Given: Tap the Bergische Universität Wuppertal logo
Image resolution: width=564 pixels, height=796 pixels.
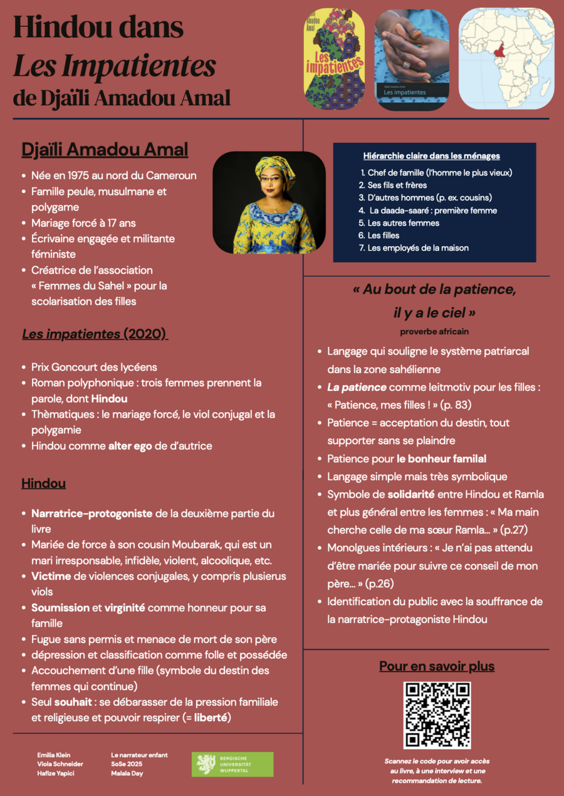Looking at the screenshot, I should (232, 764).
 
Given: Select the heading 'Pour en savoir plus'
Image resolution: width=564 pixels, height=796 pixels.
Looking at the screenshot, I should (437, 666).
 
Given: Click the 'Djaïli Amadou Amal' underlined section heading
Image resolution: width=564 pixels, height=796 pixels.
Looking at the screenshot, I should (105, 150).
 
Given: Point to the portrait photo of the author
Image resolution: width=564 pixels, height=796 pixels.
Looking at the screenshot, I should (269, 202).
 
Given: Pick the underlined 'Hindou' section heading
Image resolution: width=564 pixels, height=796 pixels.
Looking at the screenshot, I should (44, 483).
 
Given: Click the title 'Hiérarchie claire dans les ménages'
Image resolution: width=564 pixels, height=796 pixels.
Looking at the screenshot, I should (431, 156).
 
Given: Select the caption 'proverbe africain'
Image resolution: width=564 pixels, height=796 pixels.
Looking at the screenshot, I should (434, 331).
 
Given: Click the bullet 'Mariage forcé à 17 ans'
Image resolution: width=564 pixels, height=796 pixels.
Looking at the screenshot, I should (83, 223).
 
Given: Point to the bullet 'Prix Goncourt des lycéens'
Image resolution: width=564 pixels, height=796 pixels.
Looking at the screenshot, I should (94, 367).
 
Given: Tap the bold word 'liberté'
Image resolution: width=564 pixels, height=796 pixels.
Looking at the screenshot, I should (211, 717).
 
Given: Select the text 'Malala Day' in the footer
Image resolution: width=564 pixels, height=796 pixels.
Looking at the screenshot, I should (128, 773).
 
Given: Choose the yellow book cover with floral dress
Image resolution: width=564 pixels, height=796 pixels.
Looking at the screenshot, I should (334, 58).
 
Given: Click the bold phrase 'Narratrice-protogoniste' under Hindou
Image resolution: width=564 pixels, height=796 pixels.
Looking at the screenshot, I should (92, 514).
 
